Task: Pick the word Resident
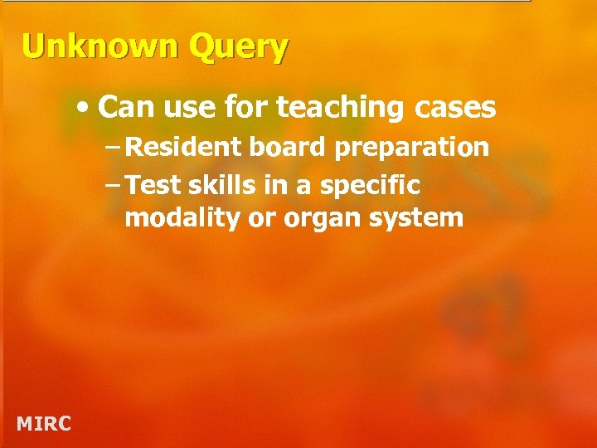pyautogui.click(x=185, y=148)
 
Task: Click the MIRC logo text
pyautogui.click(x=44, y=424)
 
